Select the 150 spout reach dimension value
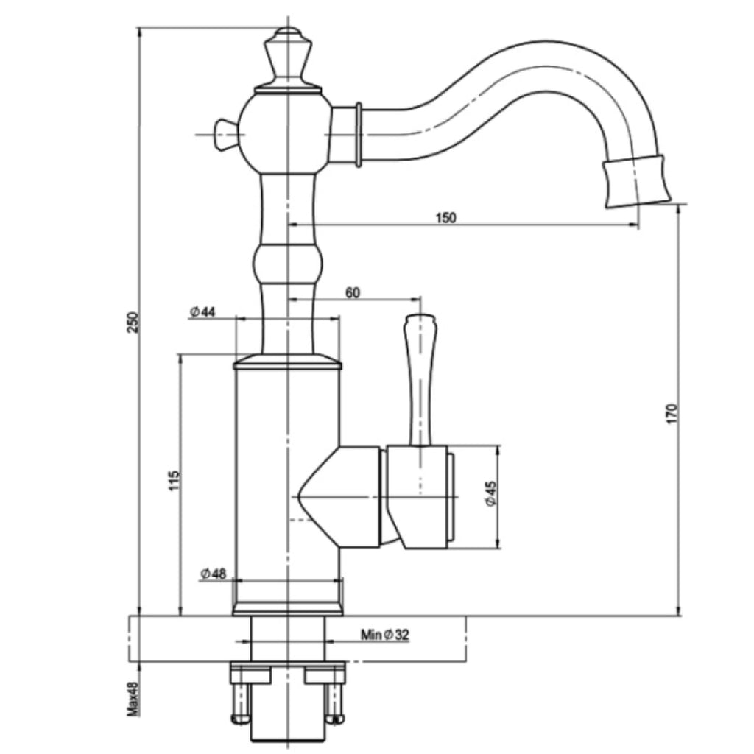tap(446, 217)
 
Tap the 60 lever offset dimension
tap(353, 292)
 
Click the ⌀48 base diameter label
tap(213, 573)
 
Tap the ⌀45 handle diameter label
tap(491, 493)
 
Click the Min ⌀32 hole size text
tap(384, 635)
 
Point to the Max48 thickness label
tap(133, 697)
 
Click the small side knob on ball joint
tap(222, 134)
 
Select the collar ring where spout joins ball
tap(357, 133)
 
